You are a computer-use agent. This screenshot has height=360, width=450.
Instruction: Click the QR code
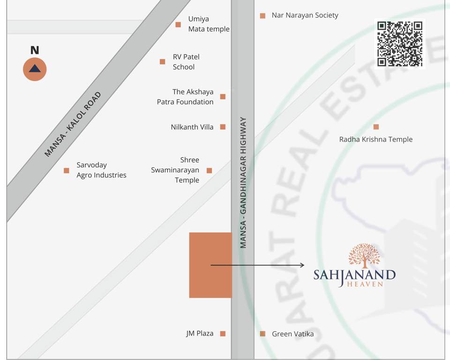(x=400, y=44)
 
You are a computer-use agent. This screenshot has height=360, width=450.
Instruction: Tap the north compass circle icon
(x=35, y=69)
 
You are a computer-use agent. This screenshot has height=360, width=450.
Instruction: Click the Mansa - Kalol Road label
(x=73, y=124)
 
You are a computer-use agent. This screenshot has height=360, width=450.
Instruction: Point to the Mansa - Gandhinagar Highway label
(x=243, y=182)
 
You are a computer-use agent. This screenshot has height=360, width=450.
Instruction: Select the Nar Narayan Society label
(x=305, y=15)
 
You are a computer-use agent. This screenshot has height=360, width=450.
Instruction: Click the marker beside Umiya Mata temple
(x=178, y=24)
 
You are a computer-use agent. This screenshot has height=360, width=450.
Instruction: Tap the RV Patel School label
(x=186, y=62)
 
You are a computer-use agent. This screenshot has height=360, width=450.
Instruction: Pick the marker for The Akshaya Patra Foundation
(x=223, y=97)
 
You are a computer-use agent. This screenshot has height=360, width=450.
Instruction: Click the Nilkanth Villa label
(x=192, y=127)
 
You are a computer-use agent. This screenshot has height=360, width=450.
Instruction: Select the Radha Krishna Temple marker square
(x=376, y=127)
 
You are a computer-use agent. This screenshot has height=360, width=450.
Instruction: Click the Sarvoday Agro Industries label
(x=101, y=170)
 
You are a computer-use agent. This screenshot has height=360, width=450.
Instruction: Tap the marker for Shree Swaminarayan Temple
(x=209, y=171)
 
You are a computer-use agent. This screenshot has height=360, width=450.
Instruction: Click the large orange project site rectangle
(x=210, y=265)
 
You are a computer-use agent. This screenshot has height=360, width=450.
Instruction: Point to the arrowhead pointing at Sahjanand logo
(x=302, y=265)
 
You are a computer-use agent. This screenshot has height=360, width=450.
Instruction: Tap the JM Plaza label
(x=200, y=334)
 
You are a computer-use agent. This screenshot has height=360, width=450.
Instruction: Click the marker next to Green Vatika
(x=262, y=334)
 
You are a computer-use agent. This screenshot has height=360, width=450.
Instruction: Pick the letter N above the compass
(x=35, y=51)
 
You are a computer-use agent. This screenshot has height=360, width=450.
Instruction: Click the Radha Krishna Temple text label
(x=376, y=139)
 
